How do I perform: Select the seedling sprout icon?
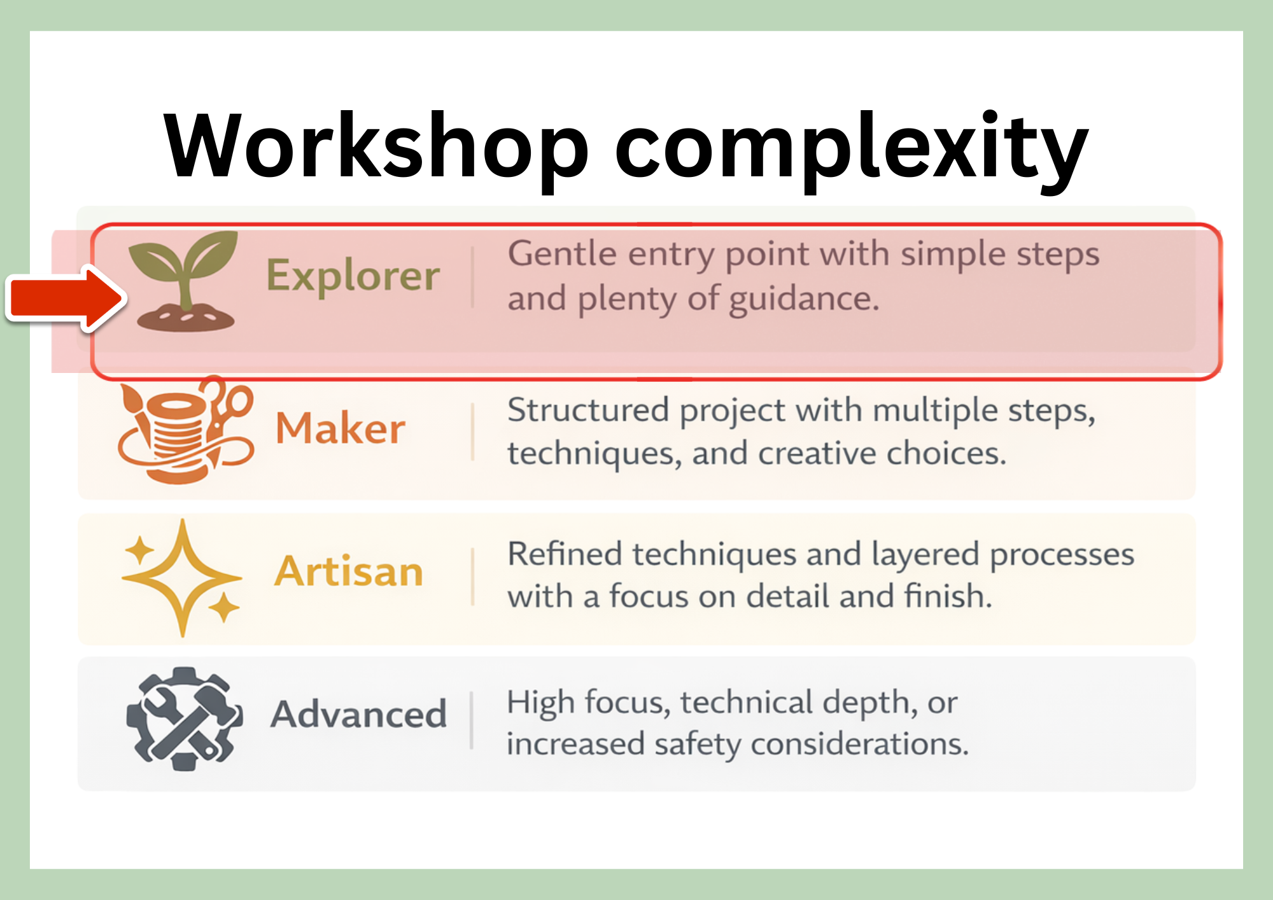tap(185, 280)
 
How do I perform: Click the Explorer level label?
tap(353, 276)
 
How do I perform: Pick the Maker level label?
tap(340, 428)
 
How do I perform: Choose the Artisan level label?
tap(349, 571)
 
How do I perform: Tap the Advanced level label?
tap(358, 714)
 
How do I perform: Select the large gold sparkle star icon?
tap(182, 577)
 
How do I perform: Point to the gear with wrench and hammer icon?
tap(184, 718)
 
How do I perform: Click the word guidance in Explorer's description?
tap(803, 299)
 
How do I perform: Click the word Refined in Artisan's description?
tap(565, 554)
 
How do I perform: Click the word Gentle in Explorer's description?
tap(562, 254)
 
